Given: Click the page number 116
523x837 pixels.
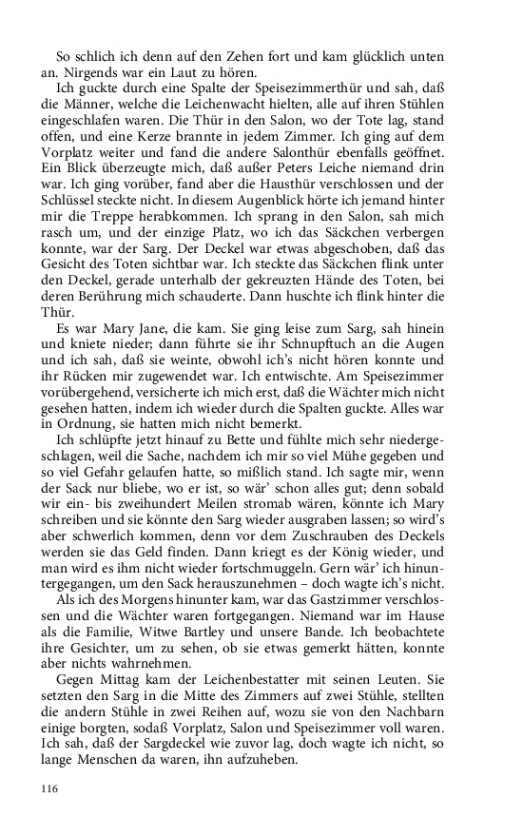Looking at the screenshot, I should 49,788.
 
